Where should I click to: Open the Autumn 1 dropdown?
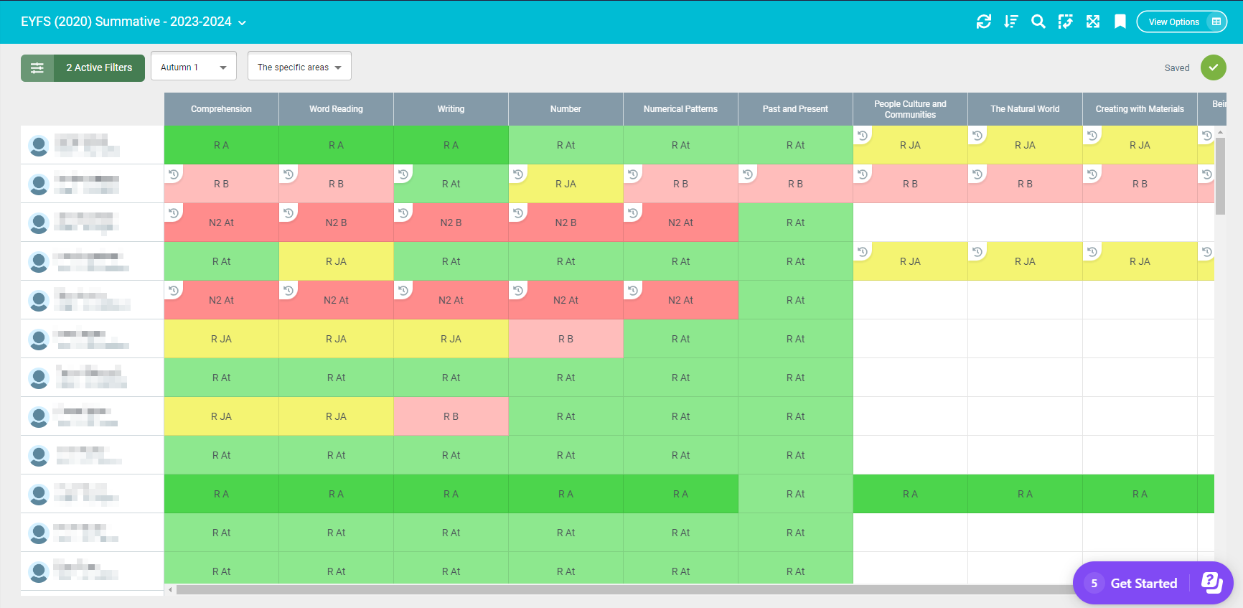[x=193, y=67]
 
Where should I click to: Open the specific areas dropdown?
[x=299, y=67]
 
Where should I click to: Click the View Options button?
[x=1181, y=22]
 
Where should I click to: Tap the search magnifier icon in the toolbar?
[x=1038, y=22]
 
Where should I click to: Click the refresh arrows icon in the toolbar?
[x=983, y=22]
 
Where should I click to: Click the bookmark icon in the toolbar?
[x=1120, y=22]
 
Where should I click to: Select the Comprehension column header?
[x=221, y=109]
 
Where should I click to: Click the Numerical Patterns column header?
[x=680, y=109]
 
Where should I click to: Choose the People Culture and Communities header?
[x=910, y=109]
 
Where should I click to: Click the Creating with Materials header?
[x=1140, y=109]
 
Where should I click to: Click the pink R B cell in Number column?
[x=566, y=339]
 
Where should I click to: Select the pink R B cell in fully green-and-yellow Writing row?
[x=451, y=416]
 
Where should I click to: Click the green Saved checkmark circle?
[x=1213, y=67]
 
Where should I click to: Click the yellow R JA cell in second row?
[x=566, y=184]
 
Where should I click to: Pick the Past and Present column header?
[x=795, y=109]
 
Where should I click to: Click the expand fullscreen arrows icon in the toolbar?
[x=1092, y=22]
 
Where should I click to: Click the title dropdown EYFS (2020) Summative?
[x=133, y=22]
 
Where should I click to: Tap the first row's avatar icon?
[x=39, y=146]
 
